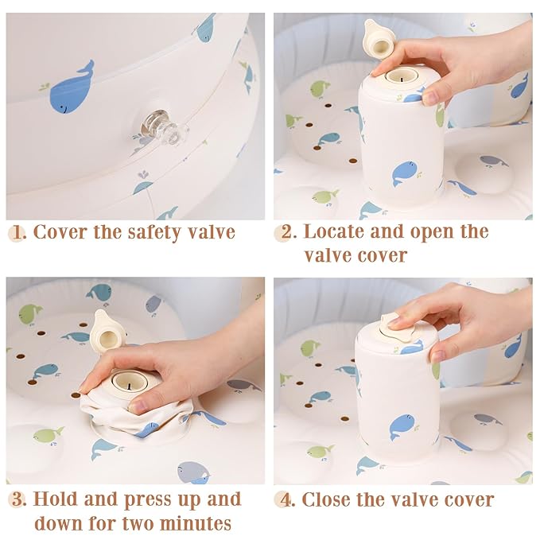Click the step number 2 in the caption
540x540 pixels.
tap(286, 232)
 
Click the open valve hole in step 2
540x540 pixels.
tap(401, 76)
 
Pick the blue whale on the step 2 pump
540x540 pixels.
tap(405, 173)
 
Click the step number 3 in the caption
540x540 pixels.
tap(18, 499)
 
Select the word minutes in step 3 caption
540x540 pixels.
tap(196, 524)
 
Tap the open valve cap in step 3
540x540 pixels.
tap(107, 332)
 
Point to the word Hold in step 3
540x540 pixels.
tap(56, 499)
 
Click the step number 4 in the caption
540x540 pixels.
tap(286, 500)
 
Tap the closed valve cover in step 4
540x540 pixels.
tap(397, 329)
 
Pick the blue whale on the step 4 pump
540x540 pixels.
tap(402, 427)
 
